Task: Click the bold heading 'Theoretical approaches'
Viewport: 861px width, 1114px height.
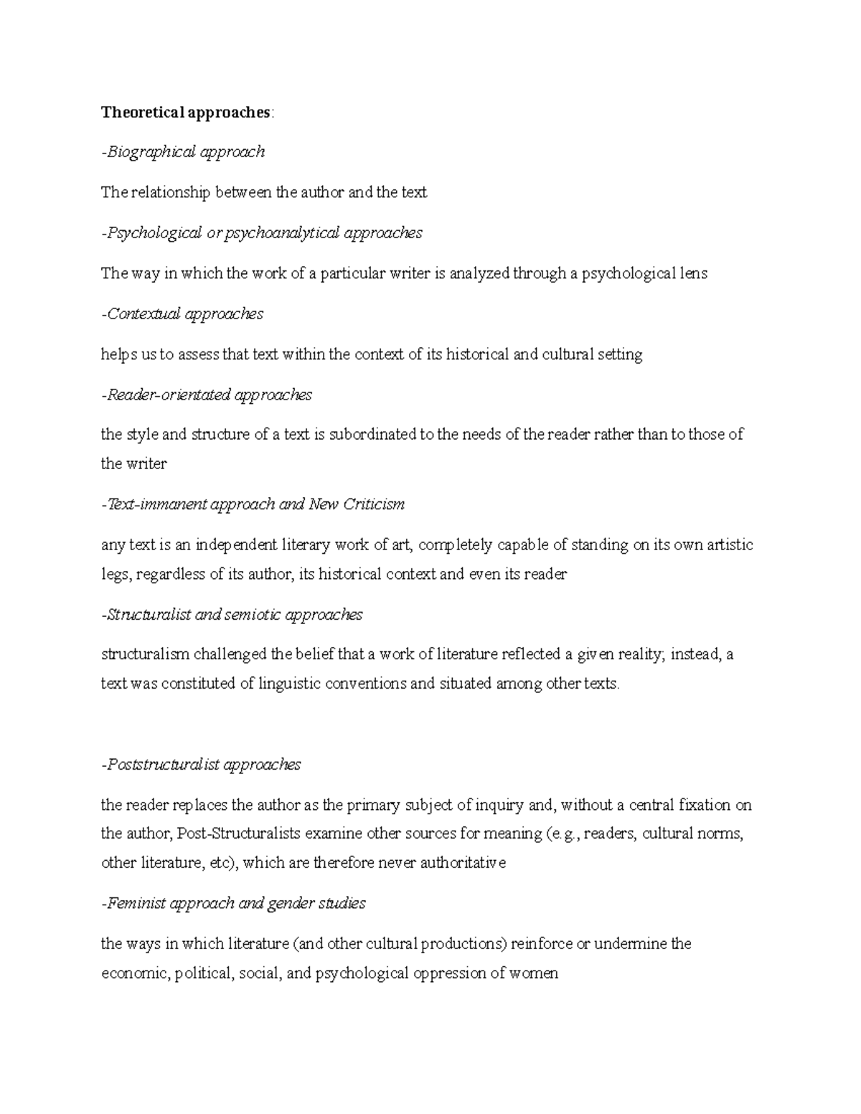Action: coord(186,112)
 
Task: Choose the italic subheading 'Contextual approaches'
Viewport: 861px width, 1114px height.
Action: coord(184,314)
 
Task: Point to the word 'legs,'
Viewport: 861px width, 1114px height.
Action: coord(116,575)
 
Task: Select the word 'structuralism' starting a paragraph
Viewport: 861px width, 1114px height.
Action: coord(145,655)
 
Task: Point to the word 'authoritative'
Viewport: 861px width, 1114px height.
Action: coord(463,863)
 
